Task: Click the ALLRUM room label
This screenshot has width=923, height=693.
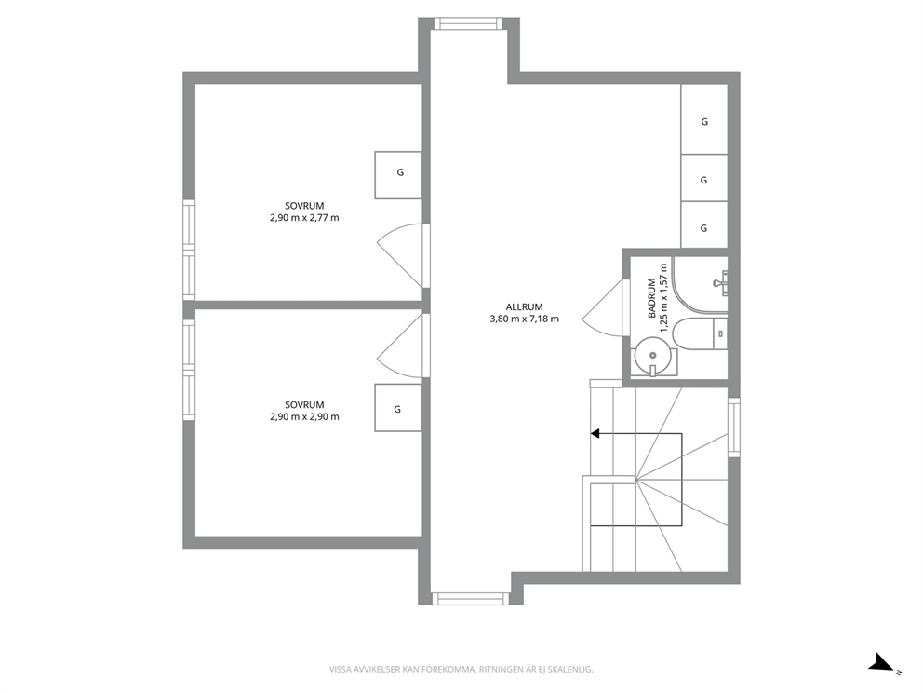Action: [x=524, y=307]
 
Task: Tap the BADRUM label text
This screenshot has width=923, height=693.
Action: [x=652, y=298]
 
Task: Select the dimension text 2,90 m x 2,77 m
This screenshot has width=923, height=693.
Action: [x=304, y=217]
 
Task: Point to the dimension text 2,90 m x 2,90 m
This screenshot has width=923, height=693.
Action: [x=304, y=416]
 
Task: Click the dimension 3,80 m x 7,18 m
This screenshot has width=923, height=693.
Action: [x=525, y=319]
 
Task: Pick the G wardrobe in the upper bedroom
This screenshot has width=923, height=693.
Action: [x=398, y=175]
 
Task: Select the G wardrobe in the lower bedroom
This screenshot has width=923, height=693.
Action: [x=398, y=408]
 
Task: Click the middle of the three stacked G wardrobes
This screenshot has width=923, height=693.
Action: [x=704, y=178]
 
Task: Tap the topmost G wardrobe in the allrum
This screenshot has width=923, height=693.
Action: [x=704, y=119]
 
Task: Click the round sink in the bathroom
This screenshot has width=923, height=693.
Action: [x=653, y=355]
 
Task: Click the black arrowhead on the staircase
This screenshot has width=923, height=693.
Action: [x=595, y=434]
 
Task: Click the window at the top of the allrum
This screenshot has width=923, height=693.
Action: [x=469, y=23]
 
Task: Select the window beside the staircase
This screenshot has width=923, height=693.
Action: [x=734, y=428]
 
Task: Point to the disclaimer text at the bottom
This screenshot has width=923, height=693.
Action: [x=461, y=670]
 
